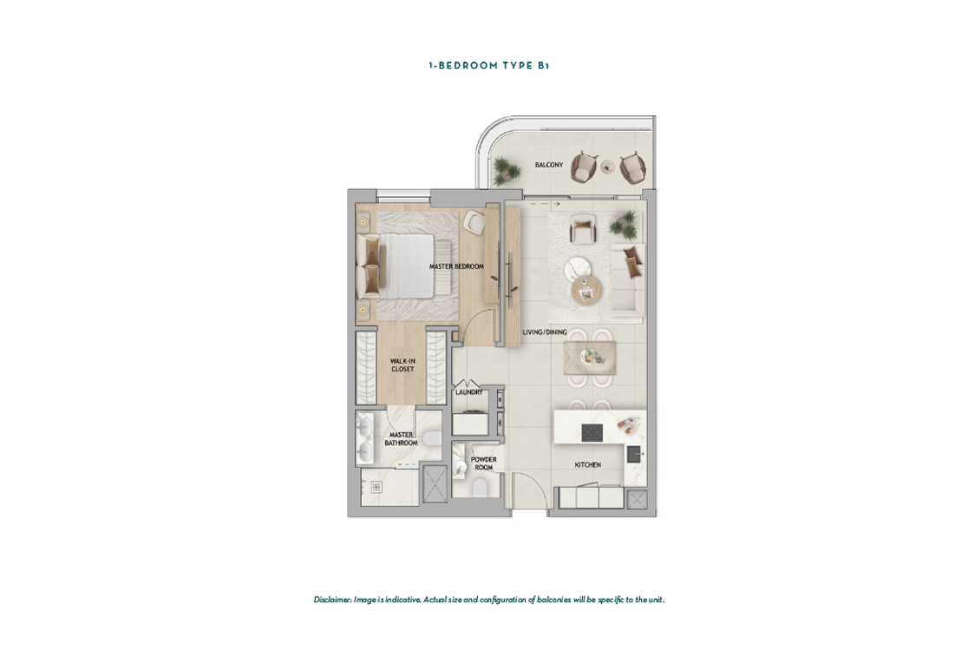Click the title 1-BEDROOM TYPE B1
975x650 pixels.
488,65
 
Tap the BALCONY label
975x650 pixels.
549,165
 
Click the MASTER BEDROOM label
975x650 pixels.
456,266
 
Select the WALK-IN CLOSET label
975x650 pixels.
402,365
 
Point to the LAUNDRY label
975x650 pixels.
468,392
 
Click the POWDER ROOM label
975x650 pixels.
483,463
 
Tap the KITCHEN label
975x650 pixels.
587,464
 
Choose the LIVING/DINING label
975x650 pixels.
545,332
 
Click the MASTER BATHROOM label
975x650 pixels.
401,439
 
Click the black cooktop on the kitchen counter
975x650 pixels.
592,432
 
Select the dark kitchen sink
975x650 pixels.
633,455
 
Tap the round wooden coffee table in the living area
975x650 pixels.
586,289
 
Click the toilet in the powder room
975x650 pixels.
480,488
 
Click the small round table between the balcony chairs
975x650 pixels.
608,166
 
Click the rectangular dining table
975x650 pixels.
590,358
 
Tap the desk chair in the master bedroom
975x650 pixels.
474,223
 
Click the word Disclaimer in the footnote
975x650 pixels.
333,600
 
